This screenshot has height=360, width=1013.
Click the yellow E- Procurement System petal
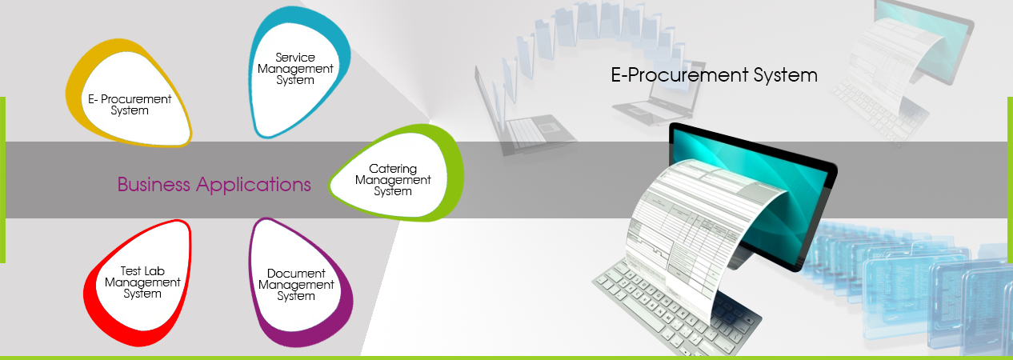pos(128,93)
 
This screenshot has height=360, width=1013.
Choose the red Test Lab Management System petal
pos(138,282)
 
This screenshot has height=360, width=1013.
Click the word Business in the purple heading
pos(154,185)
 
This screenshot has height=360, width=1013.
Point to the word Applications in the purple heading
pos(253,185)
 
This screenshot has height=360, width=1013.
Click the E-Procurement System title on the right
pos(714,75)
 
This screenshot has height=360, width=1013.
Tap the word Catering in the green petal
pos(393,169)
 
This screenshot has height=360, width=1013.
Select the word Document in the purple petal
pos(296,274)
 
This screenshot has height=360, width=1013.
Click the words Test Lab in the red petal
pos(142,271)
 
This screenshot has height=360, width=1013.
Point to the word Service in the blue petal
pos(295,58)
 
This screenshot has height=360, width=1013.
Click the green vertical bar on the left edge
pos(2,179)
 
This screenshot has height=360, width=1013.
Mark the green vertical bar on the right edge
pos(1011,179)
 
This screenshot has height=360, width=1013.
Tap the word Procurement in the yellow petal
pos(136,99)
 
